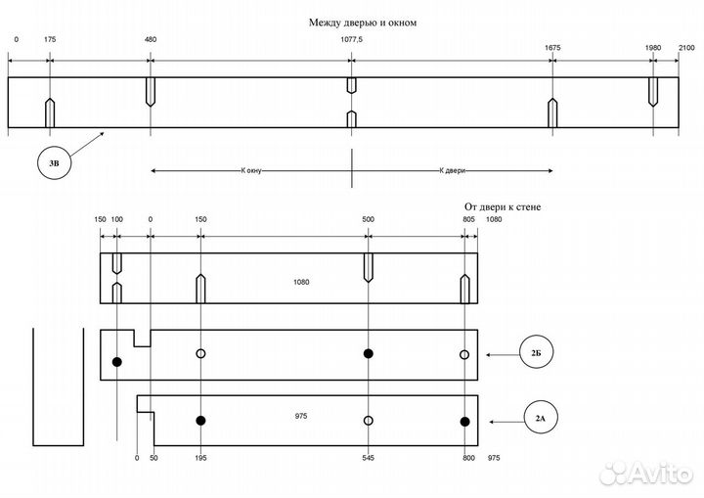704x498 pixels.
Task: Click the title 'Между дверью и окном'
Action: click(x=363, y=23)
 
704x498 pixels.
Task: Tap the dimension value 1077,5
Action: click(x=352, y=39)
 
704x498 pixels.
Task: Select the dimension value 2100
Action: click(x=686, y=48)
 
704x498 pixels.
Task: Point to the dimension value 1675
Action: click(x=552, y=48)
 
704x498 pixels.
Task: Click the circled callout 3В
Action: click(x=55, y=162)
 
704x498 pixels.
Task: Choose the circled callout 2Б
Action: click(x=536, y=352)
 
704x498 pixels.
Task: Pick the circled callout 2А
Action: click(x=541, y=418)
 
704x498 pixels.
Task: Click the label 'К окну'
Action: click(x=251, y=171)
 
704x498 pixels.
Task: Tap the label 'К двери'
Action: click(x=452, y=171)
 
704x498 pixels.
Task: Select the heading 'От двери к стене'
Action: click(x=503, y=207)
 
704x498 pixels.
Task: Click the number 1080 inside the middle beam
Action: click(x=301, y=282)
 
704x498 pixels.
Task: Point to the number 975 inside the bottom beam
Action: click(x=301, y=416)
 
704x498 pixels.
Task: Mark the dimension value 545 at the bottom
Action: click(x=368, y=458)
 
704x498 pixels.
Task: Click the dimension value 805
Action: click(x=468, y=219)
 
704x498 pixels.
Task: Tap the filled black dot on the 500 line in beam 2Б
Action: click(x=369, y=354)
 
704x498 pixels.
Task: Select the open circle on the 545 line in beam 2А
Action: click(x=369, y=421)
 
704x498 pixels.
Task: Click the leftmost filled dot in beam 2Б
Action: click(x=116, y=362)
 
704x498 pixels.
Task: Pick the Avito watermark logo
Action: click(x=645, y=474)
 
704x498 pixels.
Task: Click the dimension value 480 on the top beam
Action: click(x=151, y=39)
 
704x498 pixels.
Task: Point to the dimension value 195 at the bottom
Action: click(x=200, y=458)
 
